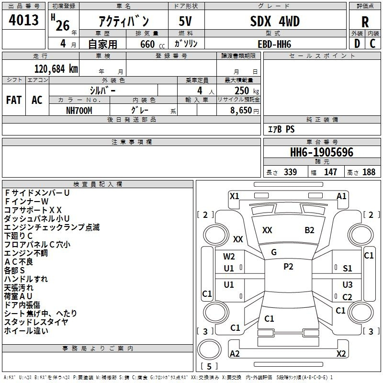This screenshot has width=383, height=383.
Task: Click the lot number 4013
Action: click(x=23, y=20)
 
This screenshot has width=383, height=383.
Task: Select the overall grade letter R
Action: click(x=365, y=22)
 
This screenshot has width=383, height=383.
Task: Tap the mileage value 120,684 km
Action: click(x=56, y=69)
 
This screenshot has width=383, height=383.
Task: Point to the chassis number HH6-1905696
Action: click(x=322, y=152)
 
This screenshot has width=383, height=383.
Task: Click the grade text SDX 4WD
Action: click(x=275, y=21)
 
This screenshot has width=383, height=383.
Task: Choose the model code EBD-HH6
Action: click(x=274, y=44)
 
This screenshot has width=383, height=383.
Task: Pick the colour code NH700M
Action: click(x=79, y=111)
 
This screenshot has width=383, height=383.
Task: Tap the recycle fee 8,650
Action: click(x=241, y=111)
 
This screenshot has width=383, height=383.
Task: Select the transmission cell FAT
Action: click(x=14, y=100)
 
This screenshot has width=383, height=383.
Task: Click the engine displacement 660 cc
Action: click(x=152, y=45)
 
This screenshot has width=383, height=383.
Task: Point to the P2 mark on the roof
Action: click(x=288, y=267)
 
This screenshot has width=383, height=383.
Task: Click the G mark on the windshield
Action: click(x=274, y=252)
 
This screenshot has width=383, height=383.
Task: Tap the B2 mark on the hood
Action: click(x=309, y=230)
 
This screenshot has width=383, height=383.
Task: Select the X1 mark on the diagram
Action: click(x=234, y=196)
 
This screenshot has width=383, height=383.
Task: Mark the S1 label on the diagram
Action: click(x=348, y=269)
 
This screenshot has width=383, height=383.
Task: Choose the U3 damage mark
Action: click(x=348, y=284)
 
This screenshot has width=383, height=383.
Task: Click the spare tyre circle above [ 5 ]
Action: click(x=209, y=349)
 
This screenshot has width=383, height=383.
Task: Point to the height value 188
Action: click(x=369, y=172)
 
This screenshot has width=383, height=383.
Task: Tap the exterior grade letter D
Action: click(x=357, y=44)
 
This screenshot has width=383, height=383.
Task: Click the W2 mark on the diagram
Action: click(x=229, y=257)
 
